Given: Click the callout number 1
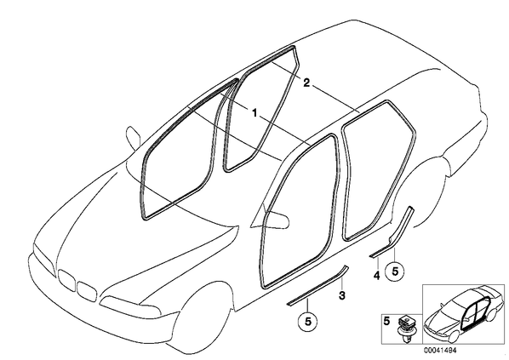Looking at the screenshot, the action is [x=254, y=113].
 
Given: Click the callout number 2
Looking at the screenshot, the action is [x=306, y=83].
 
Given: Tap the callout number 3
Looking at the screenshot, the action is [x=342, y=295].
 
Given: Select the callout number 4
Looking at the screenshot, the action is [x=376, y=276].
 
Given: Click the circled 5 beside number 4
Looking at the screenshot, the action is [x=395, y=271].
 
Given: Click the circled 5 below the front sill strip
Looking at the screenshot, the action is [x=308, y=321].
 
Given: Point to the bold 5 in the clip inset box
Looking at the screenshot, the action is [x=386, y=322].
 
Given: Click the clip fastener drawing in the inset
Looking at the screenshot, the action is [x=404, y=329].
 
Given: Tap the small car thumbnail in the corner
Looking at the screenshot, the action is [x=463, y=315].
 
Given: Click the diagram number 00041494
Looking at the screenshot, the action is [x=440, y=351].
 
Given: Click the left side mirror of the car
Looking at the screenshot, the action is [x=133, y=137].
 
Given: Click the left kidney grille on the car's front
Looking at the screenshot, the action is [x=67, y=281].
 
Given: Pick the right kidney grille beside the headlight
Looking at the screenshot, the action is [x=87, y=290].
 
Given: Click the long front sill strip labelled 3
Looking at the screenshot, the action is [x=317, y=286].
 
